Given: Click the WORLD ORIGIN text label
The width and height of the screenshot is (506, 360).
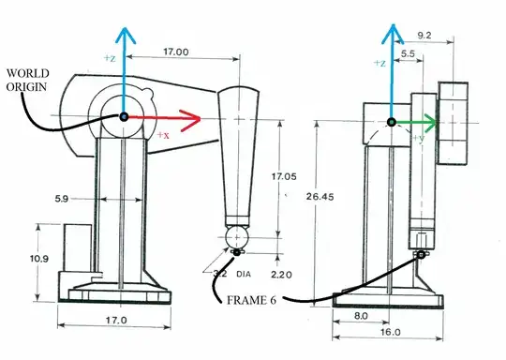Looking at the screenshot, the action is click(x=27, y=80).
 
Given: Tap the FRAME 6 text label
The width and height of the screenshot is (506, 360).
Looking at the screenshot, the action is click(x=251, y=300).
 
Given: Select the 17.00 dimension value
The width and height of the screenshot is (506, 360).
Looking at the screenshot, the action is click(x=176, y=52).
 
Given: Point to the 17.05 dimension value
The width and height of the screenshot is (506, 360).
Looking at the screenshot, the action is click(x=284, y=176).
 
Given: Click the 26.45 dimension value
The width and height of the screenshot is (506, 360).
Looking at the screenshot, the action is click(x=320, y=196).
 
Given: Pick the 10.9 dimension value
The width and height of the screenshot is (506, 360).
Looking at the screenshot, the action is click(x=39, y=259).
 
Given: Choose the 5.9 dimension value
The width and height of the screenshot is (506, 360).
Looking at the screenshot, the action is click(x=62, y=199).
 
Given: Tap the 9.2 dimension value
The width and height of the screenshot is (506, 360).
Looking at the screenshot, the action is click(x=424, y=36).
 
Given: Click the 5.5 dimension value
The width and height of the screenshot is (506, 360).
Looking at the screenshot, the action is click(x=408, y=53).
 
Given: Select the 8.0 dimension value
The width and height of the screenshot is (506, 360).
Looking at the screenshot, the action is click(x=361, y=315).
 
